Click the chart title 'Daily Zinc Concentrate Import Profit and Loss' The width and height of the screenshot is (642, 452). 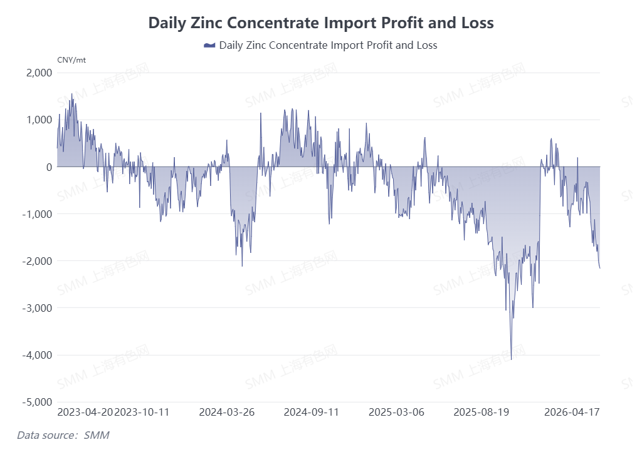click(x=321, y=23)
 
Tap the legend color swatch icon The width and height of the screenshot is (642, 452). click(x=209, y=46)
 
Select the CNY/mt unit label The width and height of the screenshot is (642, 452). click(x=71, y=60)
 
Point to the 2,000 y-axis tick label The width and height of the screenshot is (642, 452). click(x=39, y=73)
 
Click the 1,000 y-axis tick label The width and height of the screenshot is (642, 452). click(x=39, y=120)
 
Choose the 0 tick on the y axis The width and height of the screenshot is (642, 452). click(x=48, y=167)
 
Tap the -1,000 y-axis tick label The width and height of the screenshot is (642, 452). click(x=37, y=213)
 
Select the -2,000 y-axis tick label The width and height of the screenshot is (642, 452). click(x=37, y=260)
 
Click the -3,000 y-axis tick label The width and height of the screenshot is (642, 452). click(x=37, y=308)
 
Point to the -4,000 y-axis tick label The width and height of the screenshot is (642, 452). click(x=37, y=355)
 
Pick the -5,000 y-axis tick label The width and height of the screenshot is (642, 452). click(x=37, y=402)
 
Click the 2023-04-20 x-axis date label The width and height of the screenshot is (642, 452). click(x=85, y=413)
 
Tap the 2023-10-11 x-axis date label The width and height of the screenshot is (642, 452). click(x=142, y=413)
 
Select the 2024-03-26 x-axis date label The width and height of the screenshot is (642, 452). click(x=226, y=413)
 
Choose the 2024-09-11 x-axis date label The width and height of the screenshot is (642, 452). click(x=312, y=413)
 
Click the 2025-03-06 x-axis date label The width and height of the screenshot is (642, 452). click(x=396, y=413)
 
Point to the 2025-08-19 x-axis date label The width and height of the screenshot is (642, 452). click(x=481, y=413)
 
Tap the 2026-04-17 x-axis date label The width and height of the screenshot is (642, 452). click(x=572, y=413)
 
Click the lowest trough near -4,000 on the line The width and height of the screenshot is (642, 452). click(x=511, y=359)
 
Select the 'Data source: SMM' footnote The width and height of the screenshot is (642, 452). click(x=63, y=434)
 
